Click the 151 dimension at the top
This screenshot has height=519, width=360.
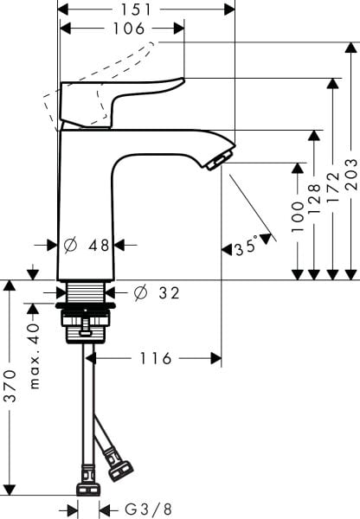pos(145,10)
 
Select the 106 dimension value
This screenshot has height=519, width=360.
pos(127,29)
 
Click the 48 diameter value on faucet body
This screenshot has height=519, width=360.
pos(99,245)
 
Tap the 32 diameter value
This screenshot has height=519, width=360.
pos(168,293)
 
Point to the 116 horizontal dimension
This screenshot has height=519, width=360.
pos(156,358)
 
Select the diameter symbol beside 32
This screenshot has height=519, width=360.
pos(140,293)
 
